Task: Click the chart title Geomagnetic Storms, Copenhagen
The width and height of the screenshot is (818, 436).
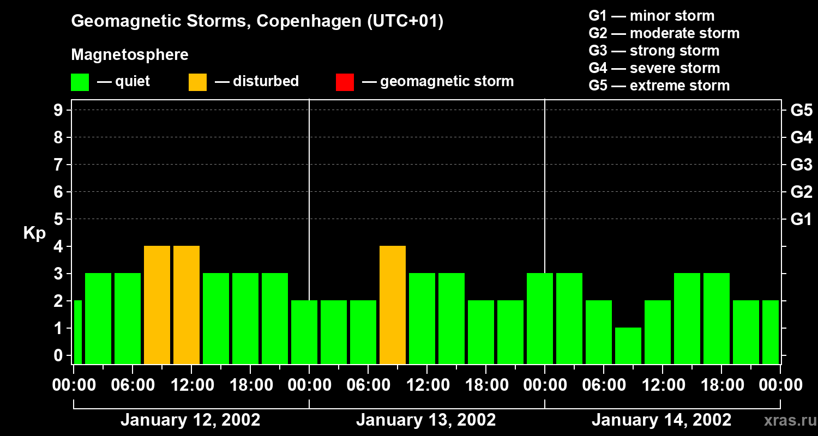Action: [257, 21]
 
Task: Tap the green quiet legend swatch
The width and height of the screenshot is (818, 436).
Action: [80, 82]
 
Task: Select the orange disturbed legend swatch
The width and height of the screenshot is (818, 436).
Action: [197, 82]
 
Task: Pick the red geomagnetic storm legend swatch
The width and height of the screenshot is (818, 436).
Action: [345, 82]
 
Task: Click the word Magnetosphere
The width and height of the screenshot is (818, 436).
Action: [130, 55]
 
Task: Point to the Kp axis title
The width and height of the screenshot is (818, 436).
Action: [34, 233]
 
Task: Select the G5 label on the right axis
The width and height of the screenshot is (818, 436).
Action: [801, 111]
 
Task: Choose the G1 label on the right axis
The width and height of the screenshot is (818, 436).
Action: [801, 220]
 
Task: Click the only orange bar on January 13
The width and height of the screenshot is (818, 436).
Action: [393, 305]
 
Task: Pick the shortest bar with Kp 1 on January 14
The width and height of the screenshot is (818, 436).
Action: [628, 346]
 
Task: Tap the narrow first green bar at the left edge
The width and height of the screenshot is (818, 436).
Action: [77, 332]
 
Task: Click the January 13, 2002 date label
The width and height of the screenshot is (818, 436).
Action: [426, 420]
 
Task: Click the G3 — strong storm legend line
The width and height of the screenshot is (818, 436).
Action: [654, 51]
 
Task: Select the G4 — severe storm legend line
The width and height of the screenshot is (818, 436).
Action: [654, 68]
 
